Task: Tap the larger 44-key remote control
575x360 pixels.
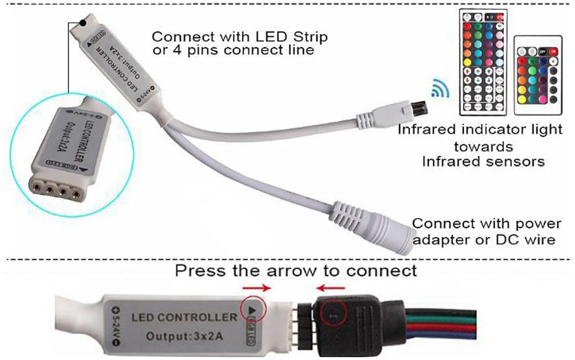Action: tap(484, 60)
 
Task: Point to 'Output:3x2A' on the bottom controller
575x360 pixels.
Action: tap(185, 336)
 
